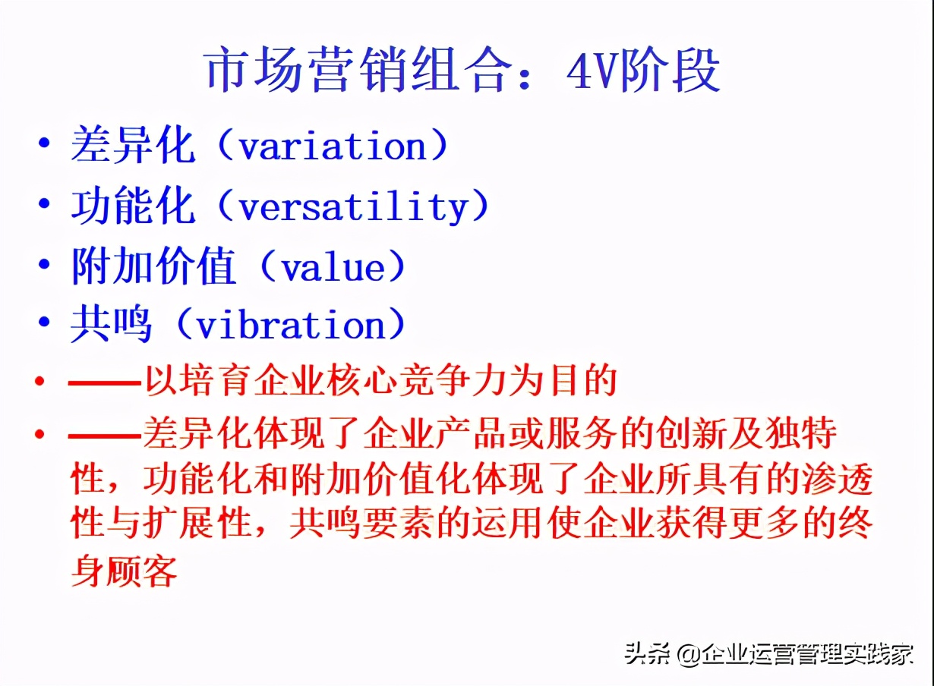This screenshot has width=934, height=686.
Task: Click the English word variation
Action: coord(333,145)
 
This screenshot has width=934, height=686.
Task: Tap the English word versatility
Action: coord(353,206)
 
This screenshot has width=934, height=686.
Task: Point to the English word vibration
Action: coord(291,326)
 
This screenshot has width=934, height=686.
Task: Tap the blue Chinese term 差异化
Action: coord(133,145)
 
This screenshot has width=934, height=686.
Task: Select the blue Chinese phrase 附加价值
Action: coord(153,266)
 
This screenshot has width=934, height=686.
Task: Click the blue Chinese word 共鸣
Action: coord(112,325)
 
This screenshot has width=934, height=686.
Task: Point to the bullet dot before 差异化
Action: coord(44,143)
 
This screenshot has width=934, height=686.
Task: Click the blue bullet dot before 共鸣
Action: coord(44,322)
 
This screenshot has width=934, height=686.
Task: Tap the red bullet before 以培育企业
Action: coord(39,381)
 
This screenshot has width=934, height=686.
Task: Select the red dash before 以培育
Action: coord(105,382)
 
